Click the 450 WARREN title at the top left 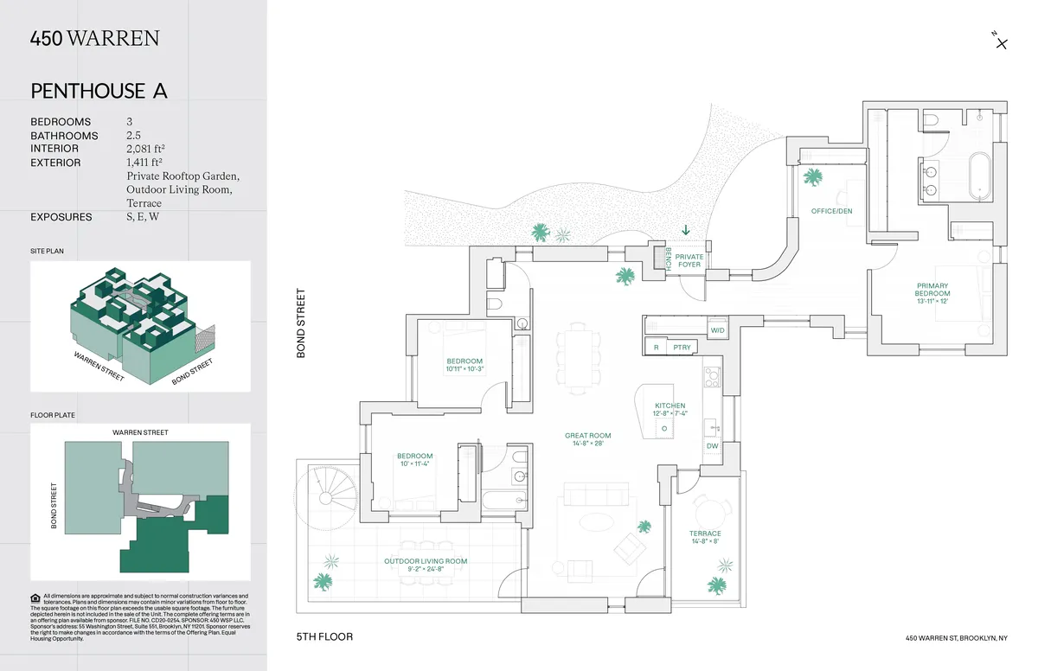click(x=94, y=38)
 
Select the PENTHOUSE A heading click(x=99, y=91)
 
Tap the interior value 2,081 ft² click(x=144, y=149)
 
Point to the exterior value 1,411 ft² click(x=144, y=162)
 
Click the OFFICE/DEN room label click(x=831, y=211)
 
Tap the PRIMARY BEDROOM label click(x=932, y=293)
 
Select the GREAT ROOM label click(x=588, y=439)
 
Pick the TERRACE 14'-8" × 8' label click(x=705, y=537)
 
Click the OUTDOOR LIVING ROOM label click(x=425, y=566)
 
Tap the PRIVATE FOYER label click(x=689, y=260)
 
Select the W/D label click(x=717, y=330)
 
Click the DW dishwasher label click(x=712, y=446)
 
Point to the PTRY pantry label click(x=681, y=347)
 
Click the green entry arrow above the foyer click(x=686, y=230)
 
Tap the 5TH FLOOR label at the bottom click(x=324, y=637)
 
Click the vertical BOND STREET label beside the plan click(x=302, y=323)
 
